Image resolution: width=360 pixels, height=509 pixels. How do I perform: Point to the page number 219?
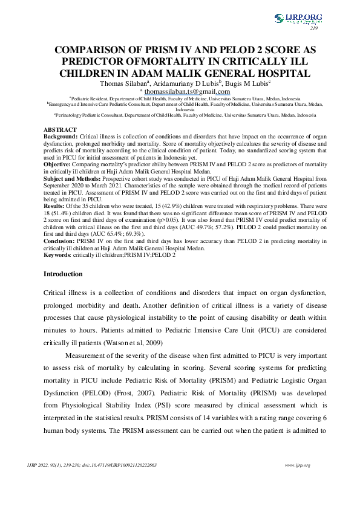(313, 28)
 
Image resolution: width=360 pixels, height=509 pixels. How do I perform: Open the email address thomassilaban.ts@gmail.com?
(182, 91)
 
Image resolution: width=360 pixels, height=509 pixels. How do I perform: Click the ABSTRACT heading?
(61, 130)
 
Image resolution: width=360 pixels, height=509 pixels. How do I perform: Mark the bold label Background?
(61, 137)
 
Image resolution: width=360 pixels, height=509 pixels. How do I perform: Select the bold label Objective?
(58, 164)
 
